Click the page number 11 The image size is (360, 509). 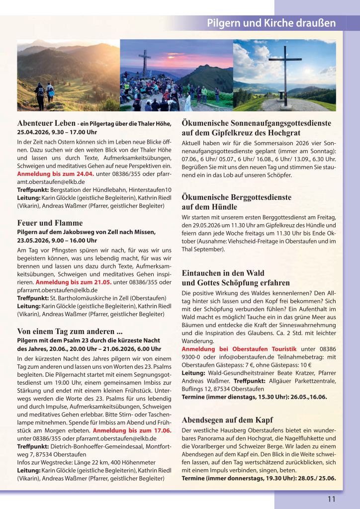[332, 499]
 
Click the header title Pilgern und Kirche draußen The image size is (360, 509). [271, 23]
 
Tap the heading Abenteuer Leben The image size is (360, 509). [46, 123]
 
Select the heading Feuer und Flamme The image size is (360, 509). [50, 223]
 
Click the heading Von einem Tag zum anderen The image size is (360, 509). [70, 331]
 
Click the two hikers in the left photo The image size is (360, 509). [44, 94]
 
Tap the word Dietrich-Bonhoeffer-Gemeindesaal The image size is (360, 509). [90, 446]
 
